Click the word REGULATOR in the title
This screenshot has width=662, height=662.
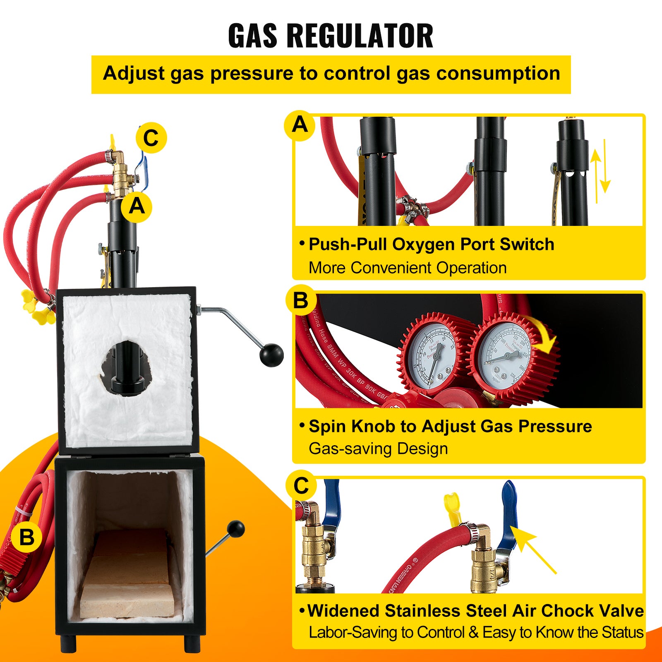360,36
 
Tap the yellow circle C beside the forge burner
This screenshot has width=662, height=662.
151,138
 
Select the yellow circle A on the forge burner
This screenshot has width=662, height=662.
137,206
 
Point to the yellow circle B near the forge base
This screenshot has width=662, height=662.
27,537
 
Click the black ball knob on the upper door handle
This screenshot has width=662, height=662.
271,355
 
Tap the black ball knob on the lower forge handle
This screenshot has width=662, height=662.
236,529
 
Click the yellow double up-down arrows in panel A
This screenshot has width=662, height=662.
600,171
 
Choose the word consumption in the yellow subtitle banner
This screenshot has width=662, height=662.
499,73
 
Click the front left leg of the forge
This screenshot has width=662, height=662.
69,643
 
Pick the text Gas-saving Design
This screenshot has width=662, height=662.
378,449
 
